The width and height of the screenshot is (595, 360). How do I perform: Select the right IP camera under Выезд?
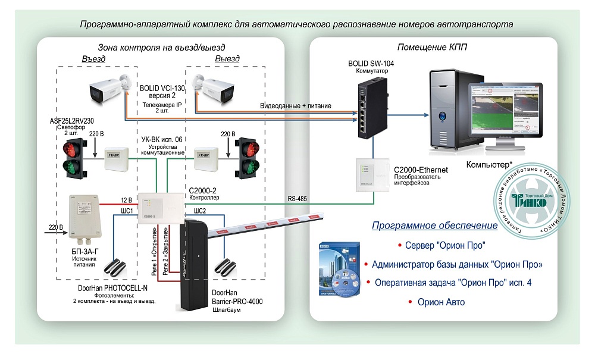click(217, 89)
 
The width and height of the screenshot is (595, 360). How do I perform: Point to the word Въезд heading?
click(93, 59)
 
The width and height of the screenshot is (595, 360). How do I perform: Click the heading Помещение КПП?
click(433, 48)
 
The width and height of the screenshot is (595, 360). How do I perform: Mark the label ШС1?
click(127, 211)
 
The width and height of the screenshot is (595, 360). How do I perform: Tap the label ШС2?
click(200, 211)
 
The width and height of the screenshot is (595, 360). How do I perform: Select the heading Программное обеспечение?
click(434, 226)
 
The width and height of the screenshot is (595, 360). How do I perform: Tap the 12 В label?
click(126, 199)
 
